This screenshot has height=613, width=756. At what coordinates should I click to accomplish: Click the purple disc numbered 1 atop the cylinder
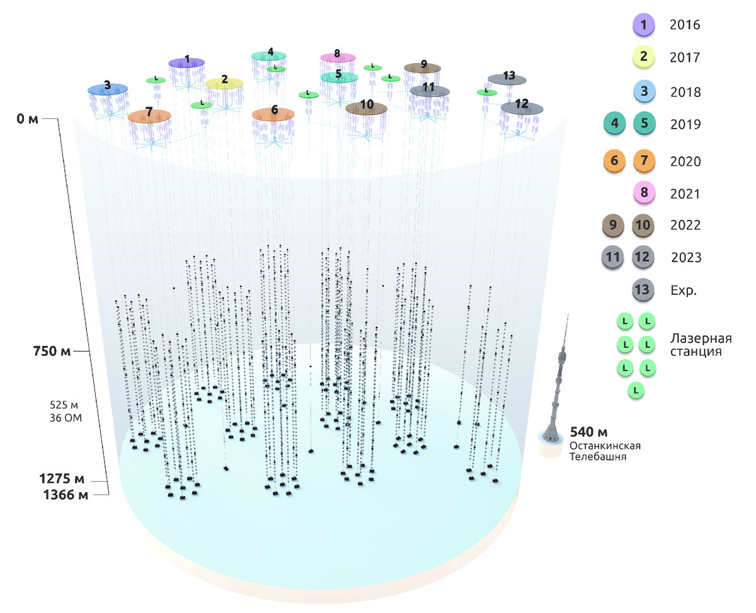pyautogui.click(x=186, y=62)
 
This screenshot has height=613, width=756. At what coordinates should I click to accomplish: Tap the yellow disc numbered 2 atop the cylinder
pyautogui.click(x=224, y=83)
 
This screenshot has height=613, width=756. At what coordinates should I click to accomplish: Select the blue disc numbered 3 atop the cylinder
pyautogui.click(x=108, y=89)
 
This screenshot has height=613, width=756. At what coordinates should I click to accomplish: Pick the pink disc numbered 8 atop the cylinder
pyautogui.click(x=338, y=57)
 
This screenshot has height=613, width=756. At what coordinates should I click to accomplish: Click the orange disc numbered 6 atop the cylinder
pyautogui.click(x=273, y=113)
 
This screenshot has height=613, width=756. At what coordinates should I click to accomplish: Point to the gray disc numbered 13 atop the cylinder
pyautogui.click(x=507, y=79)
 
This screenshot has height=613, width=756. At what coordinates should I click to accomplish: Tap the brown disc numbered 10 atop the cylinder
pyautogui.click(x=366, y=108)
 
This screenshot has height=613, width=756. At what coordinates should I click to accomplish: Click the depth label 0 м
pyautogui.click(x=27, y=118)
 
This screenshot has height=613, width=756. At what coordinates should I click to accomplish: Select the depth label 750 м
pyautogui.click(x=52, y=351)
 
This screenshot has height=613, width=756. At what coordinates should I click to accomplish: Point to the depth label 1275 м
pyautogui.click(x=60, y=478)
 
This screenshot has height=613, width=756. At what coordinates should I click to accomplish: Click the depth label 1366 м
pyautogui.click(x=66, y=495)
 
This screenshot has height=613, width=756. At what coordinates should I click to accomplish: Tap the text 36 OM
pyautogui.click(x=66, y=417)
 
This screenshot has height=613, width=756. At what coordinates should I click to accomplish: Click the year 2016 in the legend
pyautogui.click(x=685, y=25)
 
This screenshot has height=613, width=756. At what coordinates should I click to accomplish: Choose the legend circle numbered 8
pyautogui.click(x=644, y=193)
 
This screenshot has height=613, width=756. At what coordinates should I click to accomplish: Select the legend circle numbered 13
pyautogui.click(x=643, y=290)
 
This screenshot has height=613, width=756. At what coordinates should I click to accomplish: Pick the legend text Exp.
pyautogui.click(x=683, y=290)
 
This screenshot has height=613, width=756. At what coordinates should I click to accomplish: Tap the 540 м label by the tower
pyautogui.click(x=588, y=432)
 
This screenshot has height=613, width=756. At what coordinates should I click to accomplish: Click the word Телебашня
pyautogui.click(x=598, y=457)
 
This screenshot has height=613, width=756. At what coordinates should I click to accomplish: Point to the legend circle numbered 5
pyautogui.click(x=644, y=124)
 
